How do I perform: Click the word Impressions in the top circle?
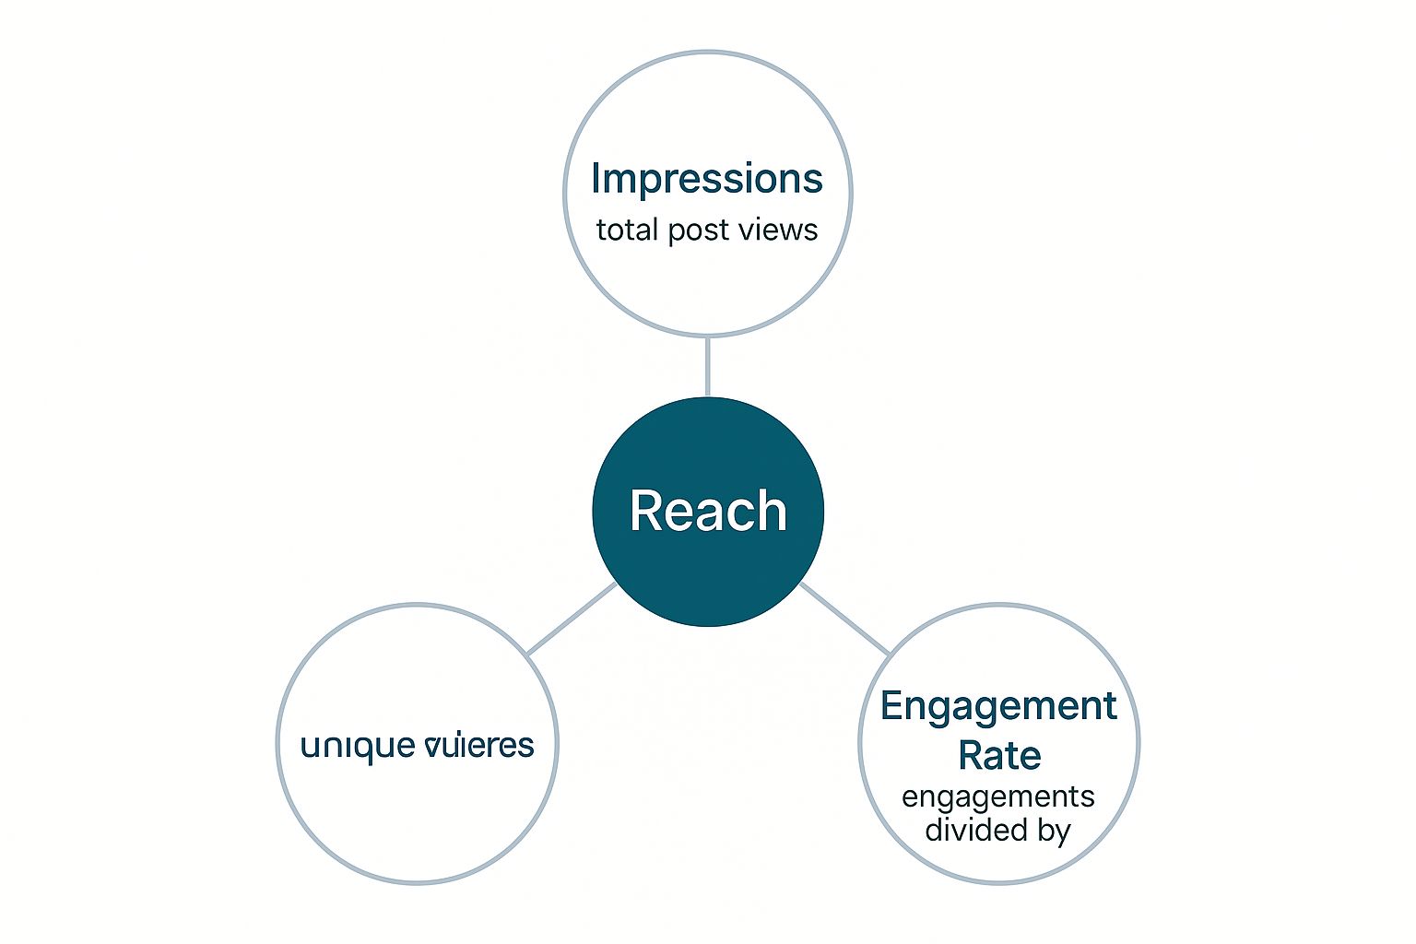coord(706,179)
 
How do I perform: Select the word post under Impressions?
coord(699,230)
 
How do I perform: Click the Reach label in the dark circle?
coord(708,511)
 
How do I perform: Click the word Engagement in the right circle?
coord(998,707)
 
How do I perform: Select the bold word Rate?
coord(999,756)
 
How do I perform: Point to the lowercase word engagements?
coord(998,797)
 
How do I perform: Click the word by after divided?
coord(1054,832)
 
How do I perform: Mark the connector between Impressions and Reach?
coord(707,367)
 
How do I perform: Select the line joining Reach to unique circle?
coord(572,619)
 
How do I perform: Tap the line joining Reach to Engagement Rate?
coord(845,619)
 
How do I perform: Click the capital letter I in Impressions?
coord(596,178)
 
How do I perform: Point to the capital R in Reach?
coord(647,511)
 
